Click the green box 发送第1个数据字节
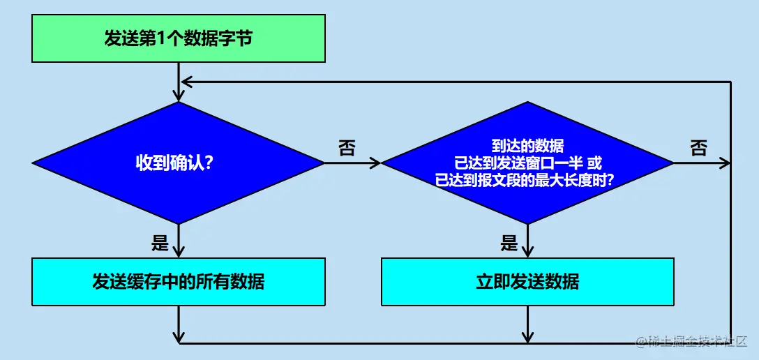(179, 38)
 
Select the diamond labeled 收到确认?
(179, 163)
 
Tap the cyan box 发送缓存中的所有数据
(179, 282)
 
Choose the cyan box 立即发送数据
(527, 282)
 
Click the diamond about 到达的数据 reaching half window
(527, 163)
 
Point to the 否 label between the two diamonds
(347, 148)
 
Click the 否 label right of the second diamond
(698, 148)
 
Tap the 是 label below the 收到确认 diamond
(160, 243)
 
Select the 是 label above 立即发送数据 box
(509, 243)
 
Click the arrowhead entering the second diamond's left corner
(377, 163)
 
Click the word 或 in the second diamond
(594, 164)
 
